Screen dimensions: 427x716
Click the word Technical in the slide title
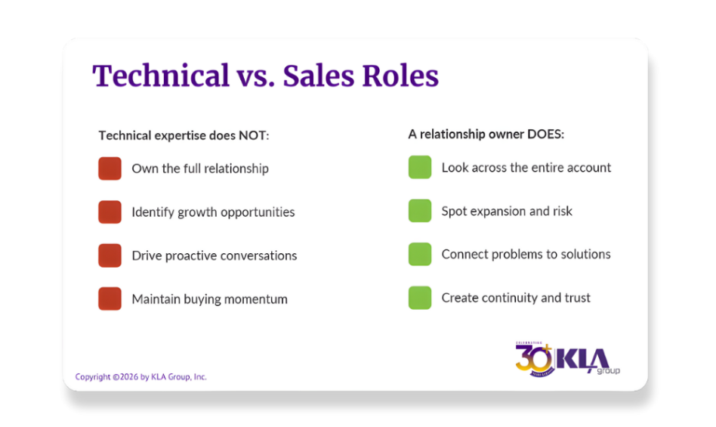pos(160,76)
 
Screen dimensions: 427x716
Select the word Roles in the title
pos(400,76)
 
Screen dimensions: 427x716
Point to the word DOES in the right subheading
pos(546,135)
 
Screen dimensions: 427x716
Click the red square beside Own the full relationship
pos(110,169)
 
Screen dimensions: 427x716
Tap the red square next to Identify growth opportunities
pos(110,212)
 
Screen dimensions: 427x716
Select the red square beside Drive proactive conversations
pos(110,255)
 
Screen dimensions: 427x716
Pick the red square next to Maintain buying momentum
pos(110,299)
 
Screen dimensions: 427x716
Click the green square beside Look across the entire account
pos(420,167)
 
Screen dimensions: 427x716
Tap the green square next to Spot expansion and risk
pos(420,211)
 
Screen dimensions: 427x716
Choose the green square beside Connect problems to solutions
pos(420,254)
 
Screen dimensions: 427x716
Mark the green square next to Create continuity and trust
pos(420,298)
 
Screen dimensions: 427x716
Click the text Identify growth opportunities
pos(213,212)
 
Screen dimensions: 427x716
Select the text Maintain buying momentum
pos(209,299)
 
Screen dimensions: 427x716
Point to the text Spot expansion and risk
pos(507,211)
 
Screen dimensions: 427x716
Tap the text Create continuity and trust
pos(516,298)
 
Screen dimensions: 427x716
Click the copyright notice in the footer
pos(140,376)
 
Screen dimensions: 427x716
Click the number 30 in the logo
pos(533,356)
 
